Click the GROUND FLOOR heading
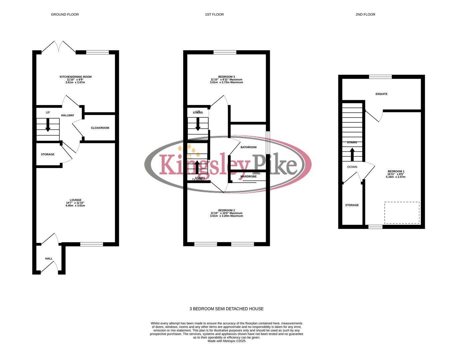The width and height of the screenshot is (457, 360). pyautogui.click(x=65, y=14)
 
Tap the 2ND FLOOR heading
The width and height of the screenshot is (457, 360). pyautogui.click(x=365, y=14)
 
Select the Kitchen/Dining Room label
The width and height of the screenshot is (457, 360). pyautogui.click(x=75, y=77)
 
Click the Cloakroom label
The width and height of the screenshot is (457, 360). pyautogui.click(x=100, y=128)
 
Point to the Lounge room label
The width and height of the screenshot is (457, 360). pyautogui.click(x=76, y=200)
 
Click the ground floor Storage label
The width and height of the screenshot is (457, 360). pyautogui.click(x=48, y=155)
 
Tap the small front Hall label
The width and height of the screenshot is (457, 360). pyautogui.click(x=49, y=259)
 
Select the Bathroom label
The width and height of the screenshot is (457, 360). pyautogui.click(x=248, y=147)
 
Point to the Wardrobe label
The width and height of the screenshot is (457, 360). pyautogui.click(x=248, y=176)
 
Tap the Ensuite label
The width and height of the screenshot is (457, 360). pyautogui.click(x=381, y=94)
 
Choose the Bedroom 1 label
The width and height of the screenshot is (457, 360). pyautogui.click(x=396, y=171)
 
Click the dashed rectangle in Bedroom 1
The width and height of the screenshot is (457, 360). pyautogui.click(x=402, y=213)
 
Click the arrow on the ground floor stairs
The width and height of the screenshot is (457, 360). pyautogui.click(x=48, y=126)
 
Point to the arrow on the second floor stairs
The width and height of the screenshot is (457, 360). pyautogui.click(x=352, y=154)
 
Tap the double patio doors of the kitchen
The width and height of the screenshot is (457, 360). pyautogui.click(x=59, y=47)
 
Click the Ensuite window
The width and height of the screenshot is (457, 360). pyautogui.click(x=380, y=77)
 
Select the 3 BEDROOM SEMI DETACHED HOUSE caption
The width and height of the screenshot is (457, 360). pyautogui.click(x=227, y=309)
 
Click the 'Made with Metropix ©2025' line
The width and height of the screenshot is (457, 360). pyautogui.click(x=227, y=341)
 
